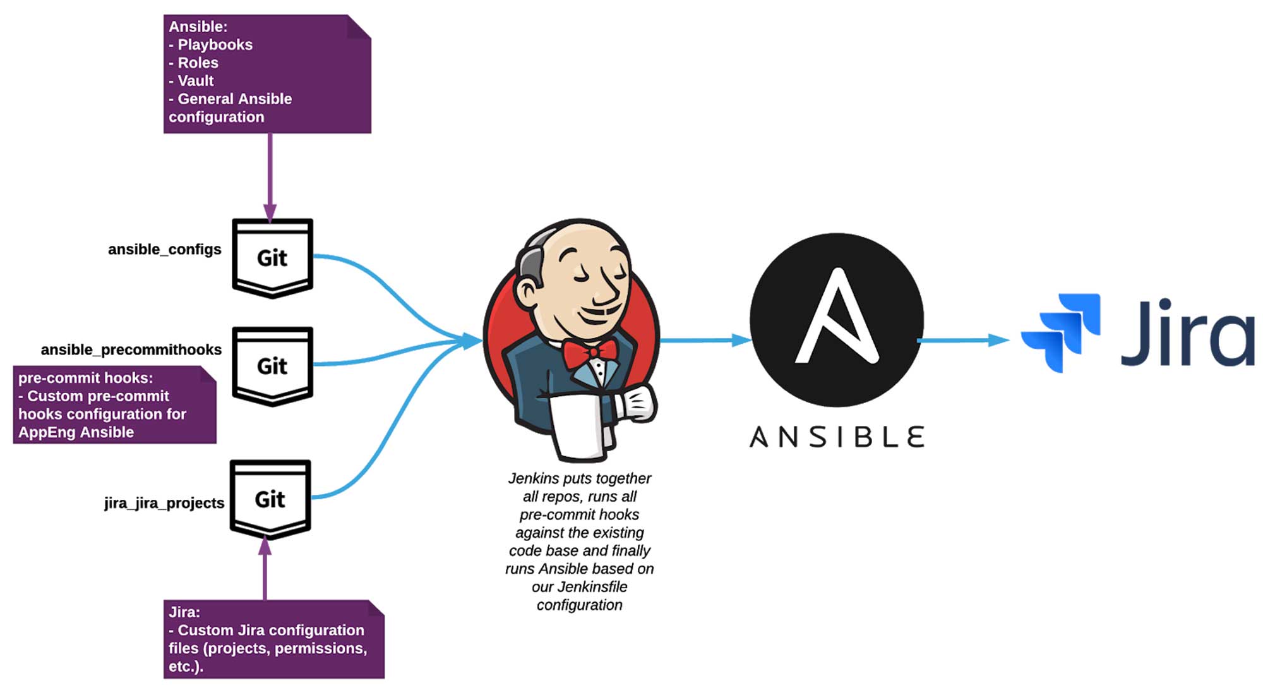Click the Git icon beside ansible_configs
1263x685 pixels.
tap(272, 258)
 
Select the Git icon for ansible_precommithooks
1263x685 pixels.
tap(272, 366)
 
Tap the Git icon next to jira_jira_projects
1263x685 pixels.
tap(270, 499)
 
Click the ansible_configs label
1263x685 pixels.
tap(164, 250)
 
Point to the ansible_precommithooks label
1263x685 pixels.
tap(131, 350)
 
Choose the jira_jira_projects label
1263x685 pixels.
tap(164, 503)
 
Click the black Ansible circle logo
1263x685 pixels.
tap(837, 320)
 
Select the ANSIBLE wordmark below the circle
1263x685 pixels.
tap(837, 437)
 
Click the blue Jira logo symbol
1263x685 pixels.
tap(1061, 332)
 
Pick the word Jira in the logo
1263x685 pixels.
tap(1187, 332)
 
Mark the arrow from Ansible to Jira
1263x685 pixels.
tap(963, 340)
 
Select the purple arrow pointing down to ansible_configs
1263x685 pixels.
tap(270, 178)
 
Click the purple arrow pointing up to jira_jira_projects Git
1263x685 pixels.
tap(265, 568)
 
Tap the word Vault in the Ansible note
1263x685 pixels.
tap(196, 81)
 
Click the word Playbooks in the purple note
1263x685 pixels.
tap(215, 45)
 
